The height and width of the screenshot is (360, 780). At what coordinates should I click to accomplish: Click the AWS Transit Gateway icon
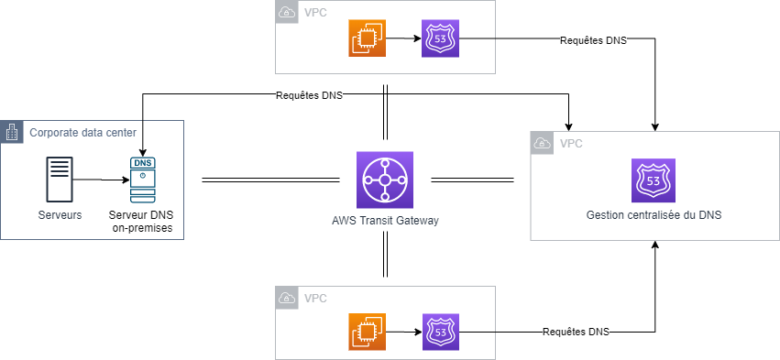(385, 179)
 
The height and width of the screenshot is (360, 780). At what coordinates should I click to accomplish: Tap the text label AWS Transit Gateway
(385, 220)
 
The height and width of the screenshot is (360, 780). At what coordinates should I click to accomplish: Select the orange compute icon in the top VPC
(367, 38)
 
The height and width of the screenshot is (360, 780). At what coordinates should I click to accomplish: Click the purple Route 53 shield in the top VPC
(440, 38)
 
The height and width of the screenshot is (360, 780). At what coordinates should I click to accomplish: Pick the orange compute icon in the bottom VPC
(367, 332)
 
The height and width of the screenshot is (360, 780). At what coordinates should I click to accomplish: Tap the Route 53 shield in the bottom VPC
(441, 332)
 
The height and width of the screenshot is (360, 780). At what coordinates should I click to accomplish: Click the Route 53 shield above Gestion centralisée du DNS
(653, 180)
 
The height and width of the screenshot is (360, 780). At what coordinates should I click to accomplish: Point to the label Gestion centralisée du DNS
(653, 215)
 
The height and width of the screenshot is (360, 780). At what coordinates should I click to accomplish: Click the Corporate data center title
(83, 133)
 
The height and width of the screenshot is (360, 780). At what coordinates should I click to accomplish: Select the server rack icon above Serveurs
(60, 180)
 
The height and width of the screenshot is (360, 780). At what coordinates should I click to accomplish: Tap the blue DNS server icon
(141, 180)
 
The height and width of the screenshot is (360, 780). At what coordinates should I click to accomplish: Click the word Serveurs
(60, 215)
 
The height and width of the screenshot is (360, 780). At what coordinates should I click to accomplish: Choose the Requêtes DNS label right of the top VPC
(593, 41)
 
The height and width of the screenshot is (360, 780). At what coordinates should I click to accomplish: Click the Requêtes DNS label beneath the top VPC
(309, 95)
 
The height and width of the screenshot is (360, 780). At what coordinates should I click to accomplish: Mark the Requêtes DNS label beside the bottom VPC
(576, 332)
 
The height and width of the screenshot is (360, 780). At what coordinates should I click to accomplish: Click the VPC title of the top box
(314, 13)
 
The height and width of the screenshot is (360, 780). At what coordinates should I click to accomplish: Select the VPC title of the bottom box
(314, 299)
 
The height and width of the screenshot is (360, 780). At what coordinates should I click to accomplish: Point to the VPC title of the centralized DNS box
(570, 144)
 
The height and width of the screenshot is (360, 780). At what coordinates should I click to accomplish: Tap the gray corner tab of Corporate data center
(12, 132)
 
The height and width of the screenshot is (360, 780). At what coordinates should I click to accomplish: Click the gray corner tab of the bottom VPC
(287, 298)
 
